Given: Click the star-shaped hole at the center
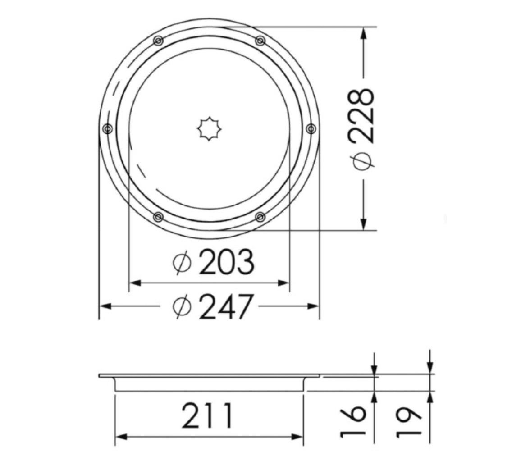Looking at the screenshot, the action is click(x=209, y=128).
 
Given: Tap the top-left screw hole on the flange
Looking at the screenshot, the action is click(x=158, y=41).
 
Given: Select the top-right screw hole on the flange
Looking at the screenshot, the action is click(x=260, y=41).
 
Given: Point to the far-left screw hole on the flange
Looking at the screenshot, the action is click(x=107, y=128).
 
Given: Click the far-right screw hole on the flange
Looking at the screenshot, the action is click(x=311, y=128).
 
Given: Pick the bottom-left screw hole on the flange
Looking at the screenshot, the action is click(x=158, y=217).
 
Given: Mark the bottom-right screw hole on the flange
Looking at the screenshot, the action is click(x=260, y=217).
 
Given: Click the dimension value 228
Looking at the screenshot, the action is click(x=364, y=116).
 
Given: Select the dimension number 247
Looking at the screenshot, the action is click(x=226, y=306).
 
